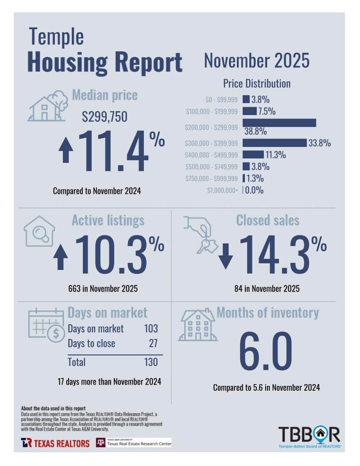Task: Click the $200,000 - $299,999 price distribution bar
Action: tap(279, 123)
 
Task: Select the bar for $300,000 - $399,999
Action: tap(275, 142)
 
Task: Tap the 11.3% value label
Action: tap(275, 155)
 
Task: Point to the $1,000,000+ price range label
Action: tap(223, 191)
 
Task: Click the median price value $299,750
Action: tap(105, 116)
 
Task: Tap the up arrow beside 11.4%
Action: tap(66, 150)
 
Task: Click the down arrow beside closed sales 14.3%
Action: tap(225, 257)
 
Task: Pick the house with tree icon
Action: tap(48, 106)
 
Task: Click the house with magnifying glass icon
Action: tap(39, 231)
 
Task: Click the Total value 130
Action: tap(151, 362)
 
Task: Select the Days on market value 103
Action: tap(151, 329)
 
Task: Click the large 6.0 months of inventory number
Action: tap(266, 352)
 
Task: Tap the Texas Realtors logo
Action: tap(55, 443)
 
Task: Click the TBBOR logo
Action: tap(309, 436)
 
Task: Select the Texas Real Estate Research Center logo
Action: tap(134, 443)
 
